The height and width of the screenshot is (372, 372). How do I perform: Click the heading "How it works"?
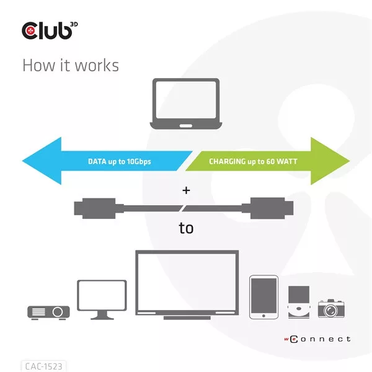70,65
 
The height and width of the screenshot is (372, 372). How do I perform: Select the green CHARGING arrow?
273,161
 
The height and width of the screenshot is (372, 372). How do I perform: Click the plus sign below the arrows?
186,190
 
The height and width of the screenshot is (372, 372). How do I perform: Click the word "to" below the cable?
186,228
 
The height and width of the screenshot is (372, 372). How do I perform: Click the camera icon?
331,308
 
